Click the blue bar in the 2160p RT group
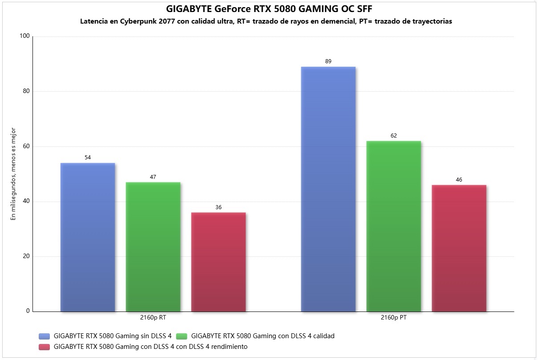pyautogui.click(x=88, y=237)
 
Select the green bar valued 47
pyautogui.click(x=153, y=247)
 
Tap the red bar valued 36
pyautogui.click(x=218, y=262)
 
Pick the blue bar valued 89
pyautogui.click(x=328, y=189)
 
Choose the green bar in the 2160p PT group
pyautogui.click(x=394, y=226)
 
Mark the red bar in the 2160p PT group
pyautogui.click(x=459, y=248)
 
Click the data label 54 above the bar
pyautogui.click(x=88, y=158)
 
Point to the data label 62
pyautogui.click(x=394, y=136)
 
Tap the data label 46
pyautogui.click(x=459, y=180)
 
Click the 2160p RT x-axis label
pyautogui.click(x=153, y=318)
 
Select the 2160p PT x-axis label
pyautogui.click(x=394, y=318)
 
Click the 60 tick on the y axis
pyautogui.click(x=26, y=146)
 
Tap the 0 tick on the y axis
pyautogui.click(x=28, y=311)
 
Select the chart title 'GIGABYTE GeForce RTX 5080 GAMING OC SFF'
pyautogui.click(x=269, y=9)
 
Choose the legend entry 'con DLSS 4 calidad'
pyautogui.click(x=265, y=336)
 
